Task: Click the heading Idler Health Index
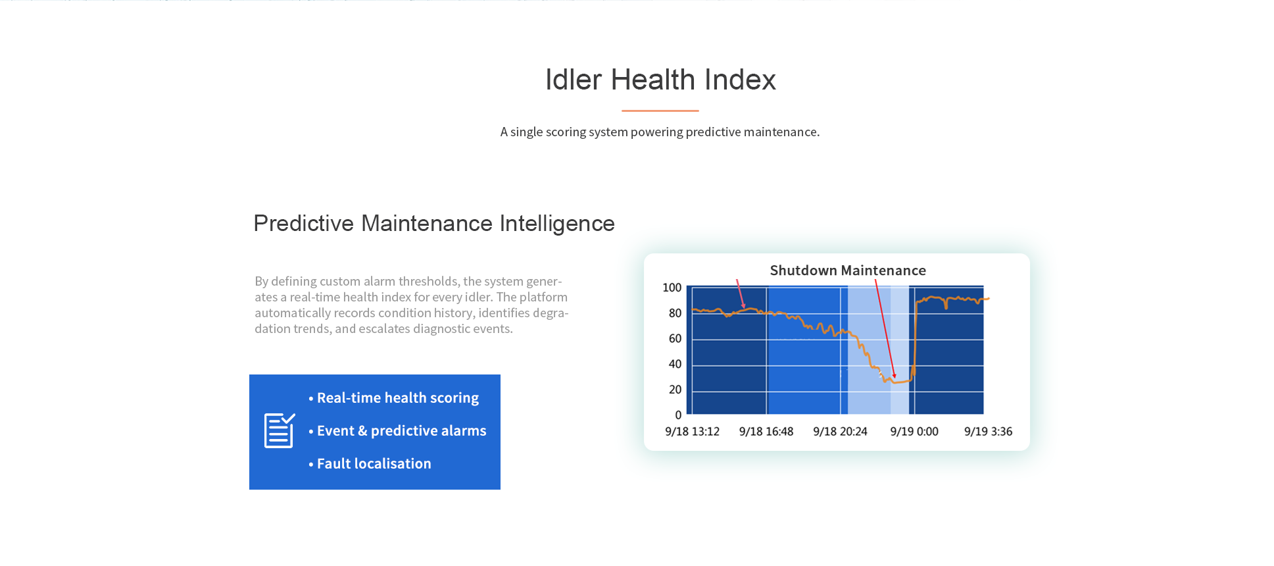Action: pos(660,80)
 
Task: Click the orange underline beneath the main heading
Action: pos(660,111)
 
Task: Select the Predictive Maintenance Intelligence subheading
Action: pos(434,224)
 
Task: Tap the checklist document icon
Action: pos(280,430)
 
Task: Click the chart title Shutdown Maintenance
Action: pos(848,270)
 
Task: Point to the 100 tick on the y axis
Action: pos(672,288)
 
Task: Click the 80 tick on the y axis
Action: pos(675,313)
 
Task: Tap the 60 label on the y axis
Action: pos(675,339)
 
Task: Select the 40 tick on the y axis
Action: pos(675,364)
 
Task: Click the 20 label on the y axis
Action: pos(675,390)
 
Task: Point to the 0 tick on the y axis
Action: pos(678,415)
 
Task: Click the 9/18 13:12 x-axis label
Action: pos(692,432)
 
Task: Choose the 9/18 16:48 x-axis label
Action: pos(766,432)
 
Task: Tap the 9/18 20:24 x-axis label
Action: pos(840,432)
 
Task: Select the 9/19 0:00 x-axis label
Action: pos(914,432)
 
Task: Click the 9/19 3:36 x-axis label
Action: pos(988,432)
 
